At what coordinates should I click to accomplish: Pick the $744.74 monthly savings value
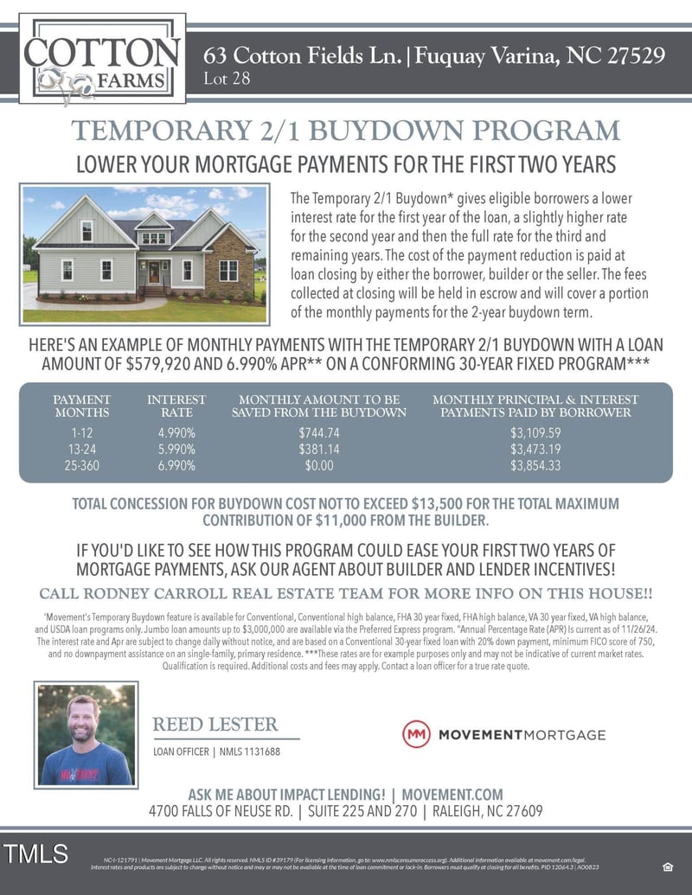319,432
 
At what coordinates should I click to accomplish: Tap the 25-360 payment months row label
82,465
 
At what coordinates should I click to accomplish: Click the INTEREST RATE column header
176,406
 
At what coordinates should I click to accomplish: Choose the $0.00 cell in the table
319,465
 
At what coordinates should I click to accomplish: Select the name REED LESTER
215,725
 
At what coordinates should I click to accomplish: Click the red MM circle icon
416,734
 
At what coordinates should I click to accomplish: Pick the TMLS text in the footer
35,854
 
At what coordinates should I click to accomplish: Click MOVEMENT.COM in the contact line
452,795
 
